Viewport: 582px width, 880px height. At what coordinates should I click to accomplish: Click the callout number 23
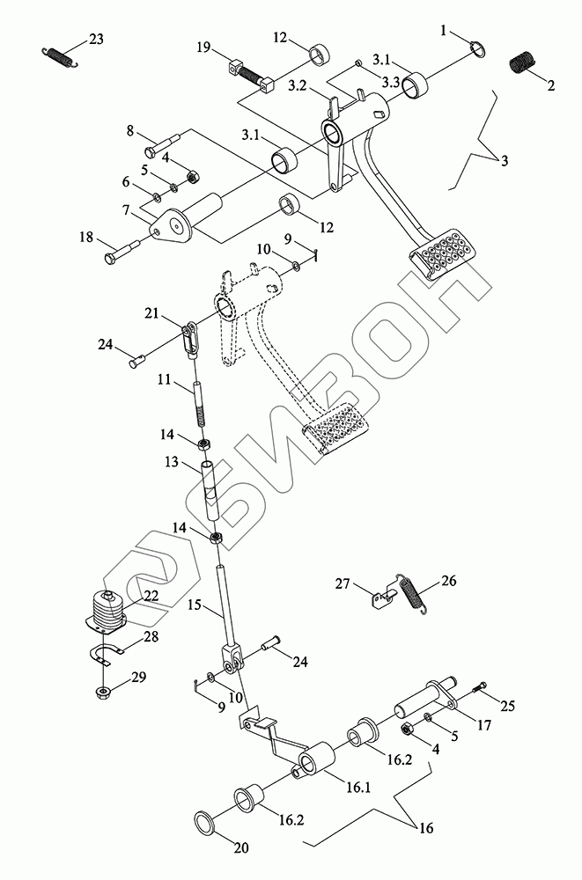pyautogui.click(x=95, y=39)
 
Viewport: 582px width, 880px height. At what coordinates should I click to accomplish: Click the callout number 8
pyautogui.click(x=130, y=131)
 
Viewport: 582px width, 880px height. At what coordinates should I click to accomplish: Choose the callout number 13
pyautogui.click(x=171, y=462)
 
